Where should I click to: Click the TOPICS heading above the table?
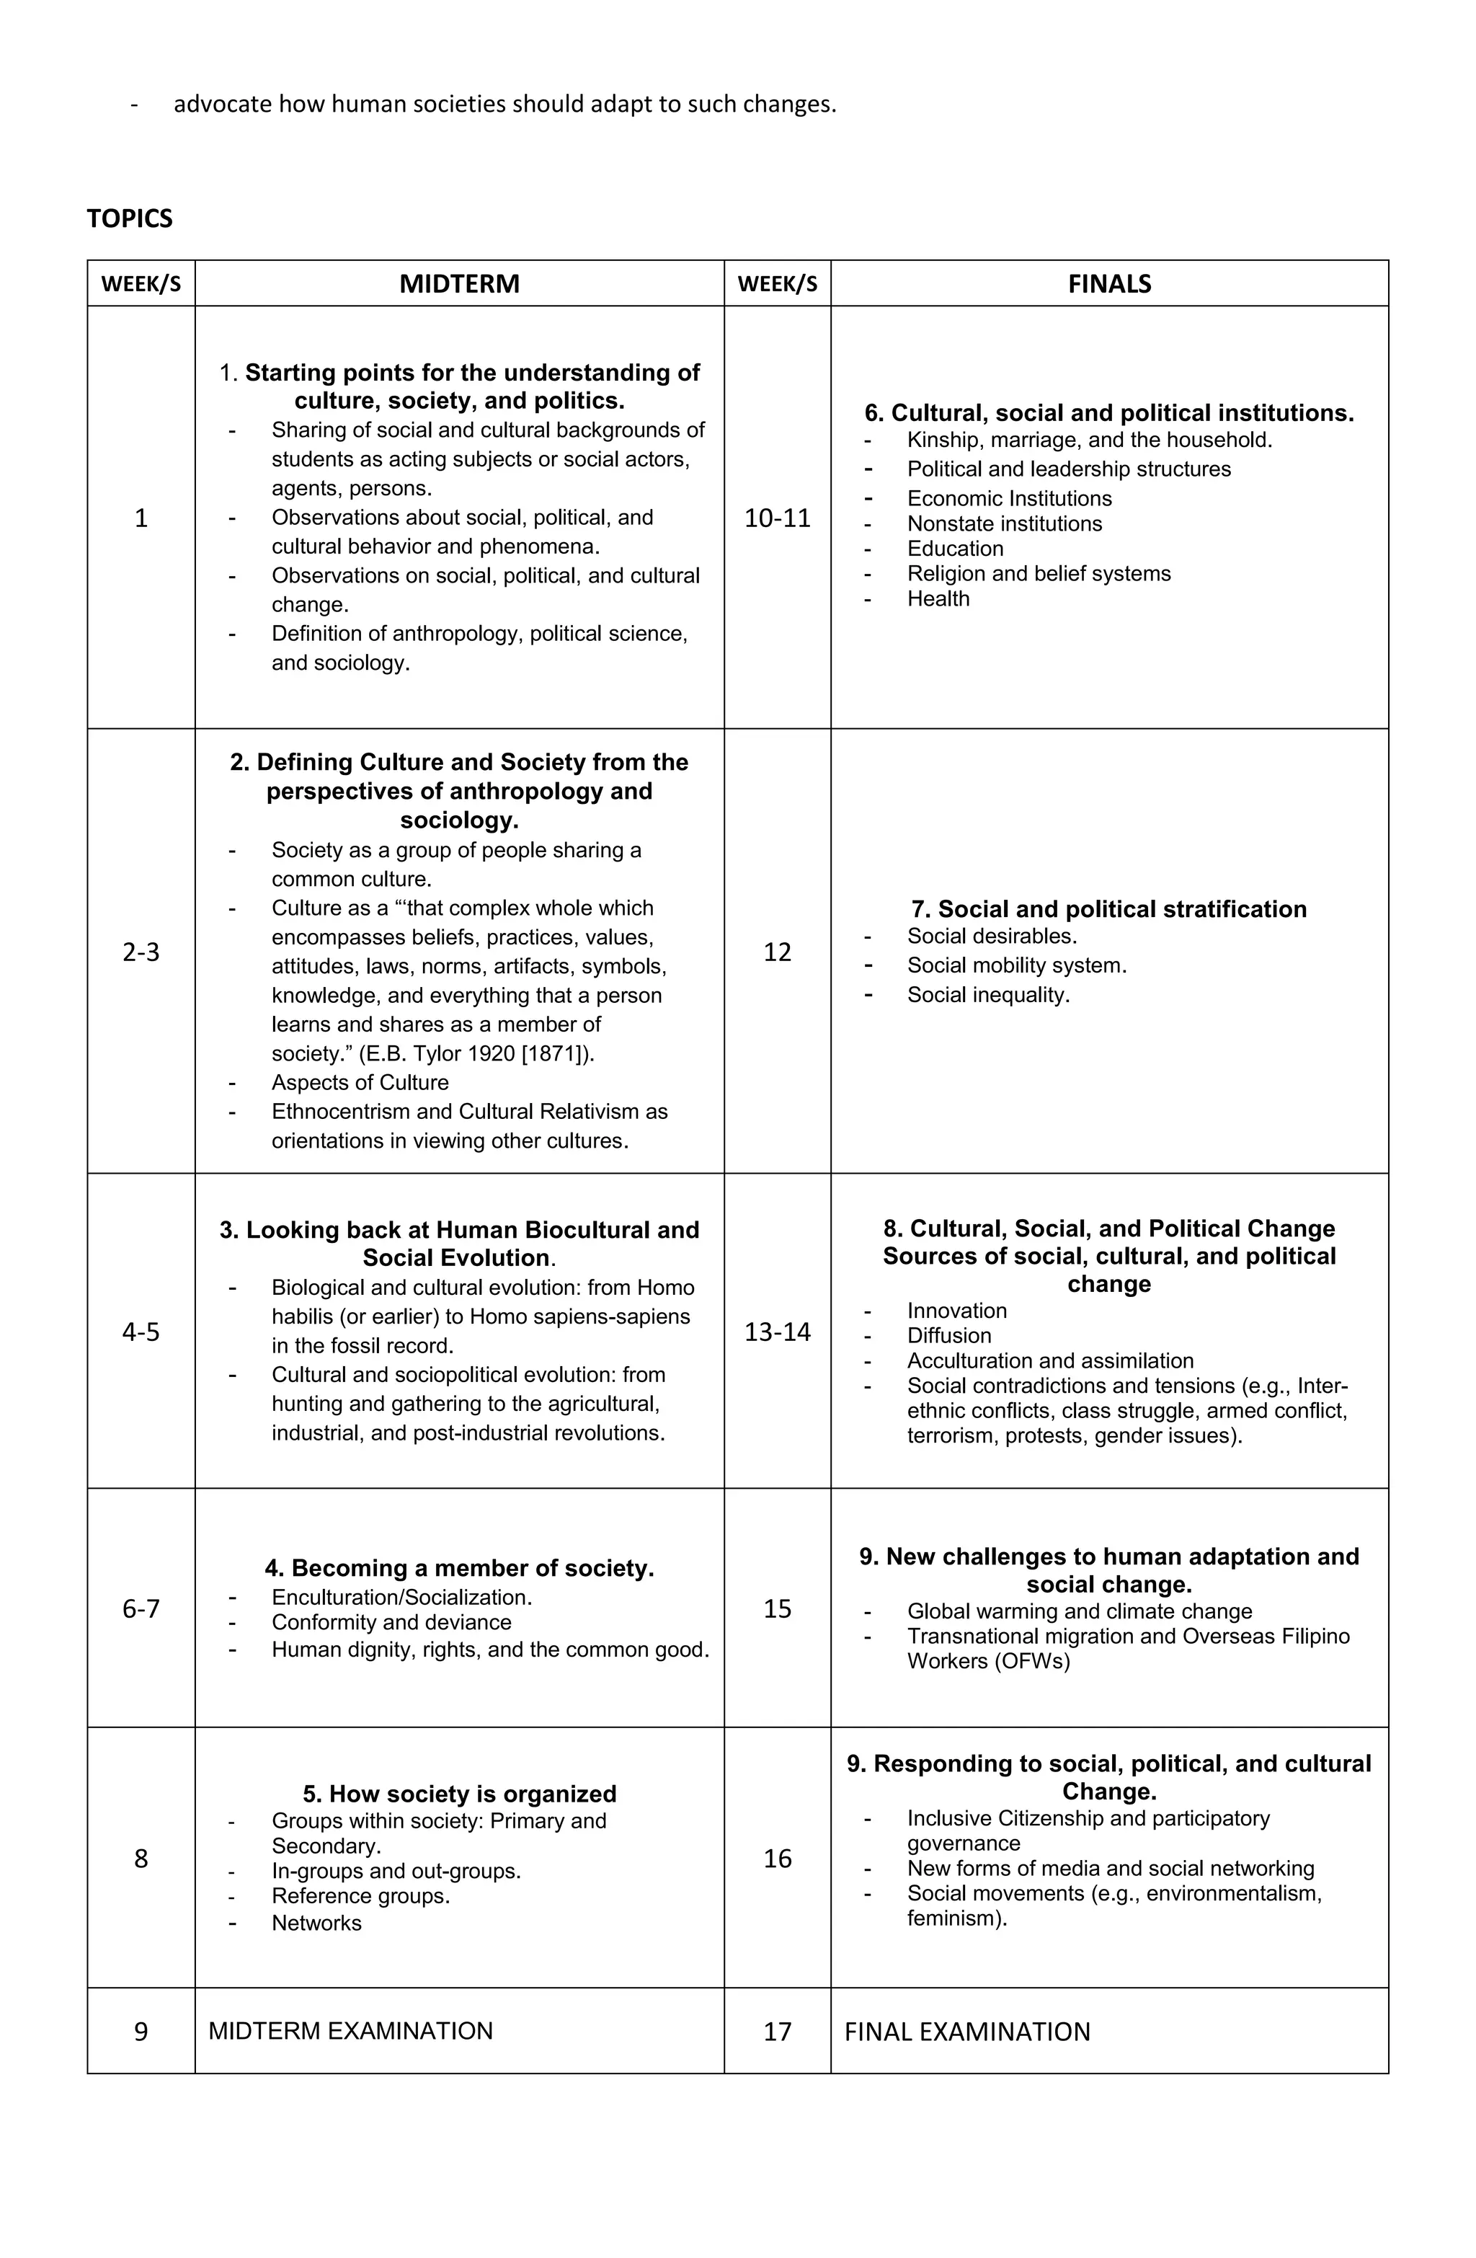[129, 218]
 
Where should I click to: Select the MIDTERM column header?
[459, 283]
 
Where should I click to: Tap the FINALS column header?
[1109, 283]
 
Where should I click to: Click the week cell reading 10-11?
[777, 518]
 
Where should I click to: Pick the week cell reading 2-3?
[141, 952]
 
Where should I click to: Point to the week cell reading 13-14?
[777, 1332]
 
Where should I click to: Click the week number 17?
[777, 2031]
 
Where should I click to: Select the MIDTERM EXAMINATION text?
[350, 2031]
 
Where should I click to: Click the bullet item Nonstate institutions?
[1004, 523]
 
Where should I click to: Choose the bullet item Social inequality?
[987, 995]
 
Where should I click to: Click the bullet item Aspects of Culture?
[360, 1083]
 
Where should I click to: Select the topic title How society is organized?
[459, 1794]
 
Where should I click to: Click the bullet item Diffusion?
[948, 1336]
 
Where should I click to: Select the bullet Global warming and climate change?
[1079, 1611]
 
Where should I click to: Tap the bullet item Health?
[938, 598]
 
